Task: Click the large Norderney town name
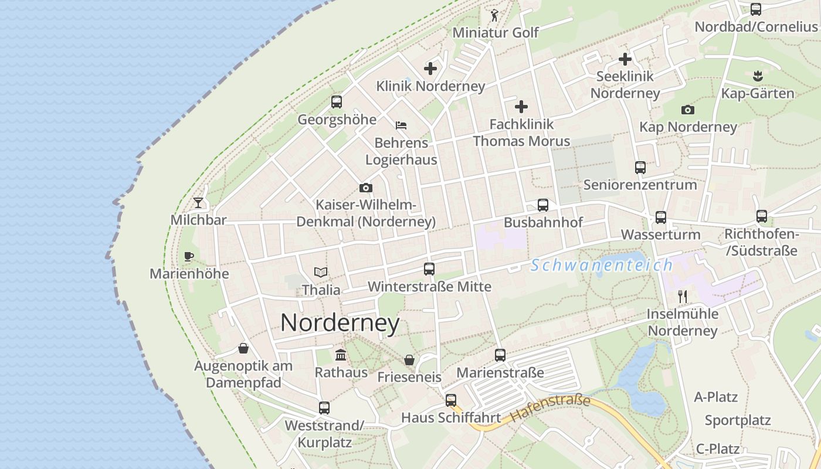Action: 340,323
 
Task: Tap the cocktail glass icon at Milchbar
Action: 198,203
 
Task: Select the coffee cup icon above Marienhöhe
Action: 188,256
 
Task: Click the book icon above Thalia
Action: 320,272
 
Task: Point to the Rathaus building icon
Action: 341,355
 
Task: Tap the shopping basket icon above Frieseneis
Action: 409,359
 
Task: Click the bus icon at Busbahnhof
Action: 543,205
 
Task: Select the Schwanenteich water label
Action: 602,265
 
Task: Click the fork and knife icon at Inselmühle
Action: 682,296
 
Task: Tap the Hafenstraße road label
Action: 550,409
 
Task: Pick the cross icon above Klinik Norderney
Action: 430,69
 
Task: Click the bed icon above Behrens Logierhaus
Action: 401,125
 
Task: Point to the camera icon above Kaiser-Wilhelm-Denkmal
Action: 366,188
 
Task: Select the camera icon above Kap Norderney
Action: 688,110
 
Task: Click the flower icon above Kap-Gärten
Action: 757,76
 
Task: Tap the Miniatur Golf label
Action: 495,32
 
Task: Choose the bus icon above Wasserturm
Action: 661,217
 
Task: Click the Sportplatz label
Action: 738,420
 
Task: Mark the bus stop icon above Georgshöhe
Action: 337,102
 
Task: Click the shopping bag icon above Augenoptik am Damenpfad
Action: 243,349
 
